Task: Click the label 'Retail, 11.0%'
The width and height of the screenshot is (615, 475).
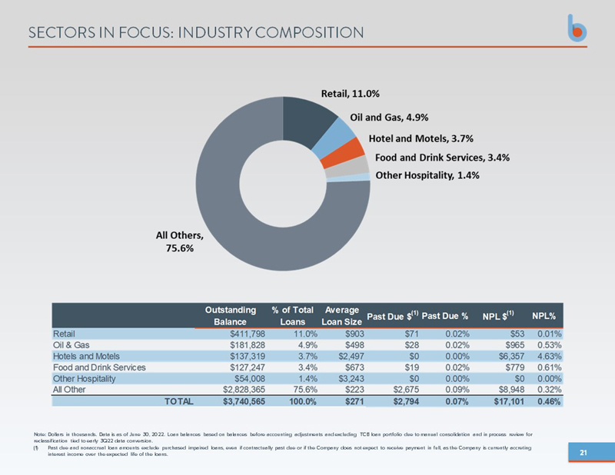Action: [350, 95]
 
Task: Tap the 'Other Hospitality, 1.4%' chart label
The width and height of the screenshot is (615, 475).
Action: [427, 175]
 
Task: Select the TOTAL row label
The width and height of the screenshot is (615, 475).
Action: [178, 402]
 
